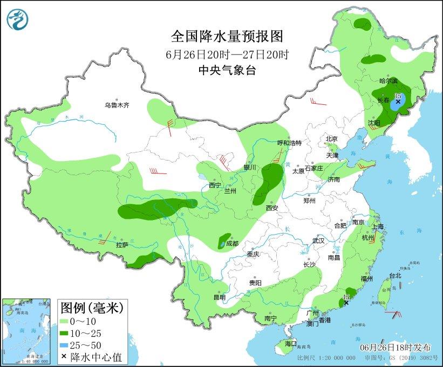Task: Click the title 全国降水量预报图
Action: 227,36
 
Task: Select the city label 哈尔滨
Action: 388,81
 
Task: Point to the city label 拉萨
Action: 122,245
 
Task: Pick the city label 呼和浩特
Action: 289,143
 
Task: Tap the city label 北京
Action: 331,139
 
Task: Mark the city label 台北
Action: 394,276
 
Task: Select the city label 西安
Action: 271,208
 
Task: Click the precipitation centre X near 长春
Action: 398,102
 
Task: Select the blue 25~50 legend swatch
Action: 67,344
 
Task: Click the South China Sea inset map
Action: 27,330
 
